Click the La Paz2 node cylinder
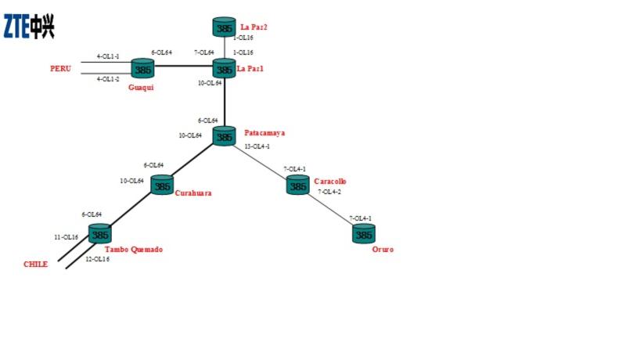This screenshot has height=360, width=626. click(225, 28)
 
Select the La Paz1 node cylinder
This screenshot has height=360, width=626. click(225, 69)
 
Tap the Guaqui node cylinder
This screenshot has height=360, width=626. click(142, 69)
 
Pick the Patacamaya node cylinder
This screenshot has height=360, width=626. click(225, 136)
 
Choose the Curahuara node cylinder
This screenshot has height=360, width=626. click(161, 186)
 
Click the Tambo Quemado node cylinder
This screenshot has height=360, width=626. click(99, 233)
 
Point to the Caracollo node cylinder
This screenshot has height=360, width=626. click(297, 185)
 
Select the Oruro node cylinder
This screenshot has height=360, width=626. click(363, 233)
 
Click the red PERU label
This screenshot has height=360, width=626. click(60, 69)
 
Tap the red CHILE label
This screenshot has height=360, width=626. click(35, 264)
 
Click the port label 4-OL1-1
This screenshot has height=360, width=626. click(108, 56)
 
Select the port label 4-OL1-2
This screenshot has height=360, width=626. click(108, 79)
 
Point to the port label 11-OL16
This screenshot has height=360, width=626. click(66, 236)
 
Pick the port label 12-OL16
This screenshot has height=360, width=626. click(97, 259)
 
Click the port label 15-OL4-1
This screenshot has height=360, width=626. click(257, 146)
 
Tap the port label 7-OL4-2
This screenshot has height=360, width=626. click(329, 192)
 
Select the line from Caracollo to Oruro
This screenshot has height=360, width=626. click(330, 209)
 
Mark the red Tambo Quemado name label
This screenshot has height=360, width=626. click(133, 250)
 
